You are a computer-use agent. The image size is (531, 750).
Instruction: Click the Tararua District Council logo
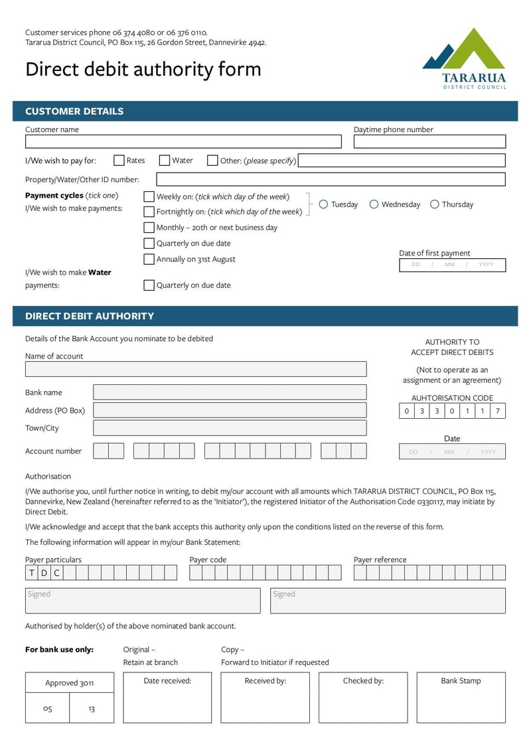coord(464,58)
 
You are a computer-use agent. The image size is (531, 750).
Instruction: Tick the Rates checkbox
coord(119,161)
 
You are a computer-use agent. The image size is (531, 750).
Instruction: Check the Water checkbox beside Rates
coord(165,161)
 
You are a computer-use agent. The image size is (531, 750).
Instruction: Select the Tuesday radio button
coord(323,204)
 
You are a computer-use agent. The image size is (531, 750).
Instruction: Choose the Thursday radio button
coord(435,204)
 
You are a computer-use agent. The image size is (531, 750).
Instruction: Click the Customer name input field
coord(183,141)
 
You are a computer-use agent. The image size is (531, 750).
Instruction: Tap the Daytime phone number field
coord(429,141)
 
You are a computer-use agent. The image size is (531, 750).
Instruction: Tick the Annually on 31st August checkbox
coord(149,260)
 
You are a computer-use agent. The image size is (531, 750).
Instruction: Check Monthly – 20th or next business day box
coord(149,228)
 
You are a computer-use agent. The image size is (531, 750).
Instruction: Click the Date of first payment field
coord(452,265)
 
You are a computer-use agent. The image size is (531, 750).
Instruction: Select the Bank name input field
coord(230,392)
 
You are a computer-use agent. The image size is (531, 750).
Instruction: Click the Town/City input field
coord(230,428)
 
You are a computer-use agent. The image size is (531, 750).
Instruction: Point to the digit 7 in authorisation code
coord(498,412)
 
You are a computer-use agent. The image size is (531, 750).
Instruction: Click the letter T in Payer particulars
coord(32,573)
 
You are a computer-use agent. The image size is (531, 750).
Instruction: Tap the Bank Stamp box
coord(461,698)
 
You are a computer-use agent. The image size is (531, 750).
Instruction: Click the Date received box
coord(167,698)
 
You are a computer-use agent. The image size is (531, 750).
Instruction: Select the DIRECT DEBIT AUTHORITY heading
coord(90,316)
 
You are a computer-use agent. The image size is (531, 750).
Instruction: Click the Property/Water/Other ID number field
coord(331,179)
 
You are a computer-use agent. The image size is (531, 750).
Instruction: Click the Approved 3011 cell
coord(70,683)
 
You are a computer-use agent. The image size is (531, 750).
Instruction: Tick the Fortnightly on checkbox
coord(149,212)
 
